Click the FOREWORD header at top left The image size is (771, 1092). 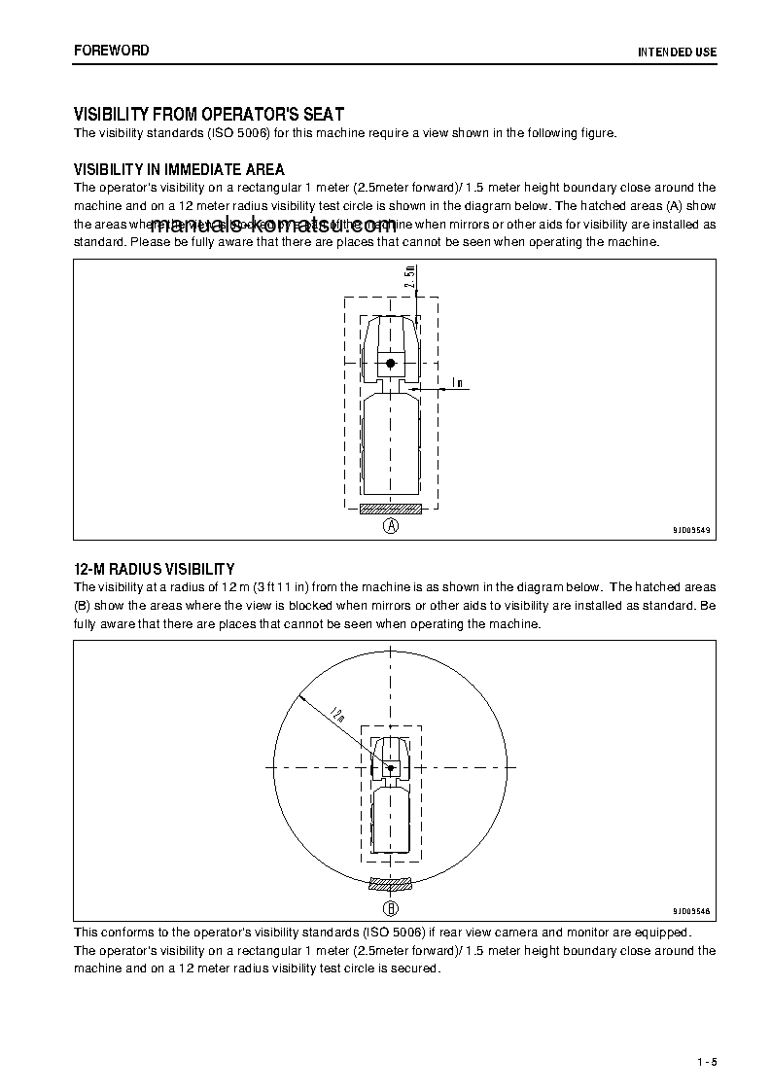pos(112,51)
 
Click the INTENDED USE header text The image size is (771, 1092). pos(677,52)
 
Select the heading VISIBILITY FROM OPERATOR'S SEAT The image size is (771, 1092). pos(209,115)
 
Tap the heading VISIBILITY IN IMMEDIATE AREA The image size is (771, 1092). pos(179,170)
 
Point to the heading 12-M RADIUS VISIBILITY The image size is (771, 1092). pos(154,569)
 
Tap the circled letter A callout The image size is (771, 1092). pos(390,526)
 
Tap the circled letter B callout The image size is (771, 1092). pos(390,909)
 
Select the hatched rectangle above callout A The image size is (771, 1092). pos(390,508)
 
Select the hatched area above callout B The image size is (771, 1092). pos(390,885)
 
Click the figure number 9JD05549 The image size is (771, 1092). pos(691,531)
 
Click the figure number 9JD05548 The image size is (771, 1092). pos(691,911)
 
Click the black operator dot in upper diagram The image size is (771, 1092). pos(390,363)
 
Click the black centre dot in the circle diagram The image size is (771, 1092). pos(390,768)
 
